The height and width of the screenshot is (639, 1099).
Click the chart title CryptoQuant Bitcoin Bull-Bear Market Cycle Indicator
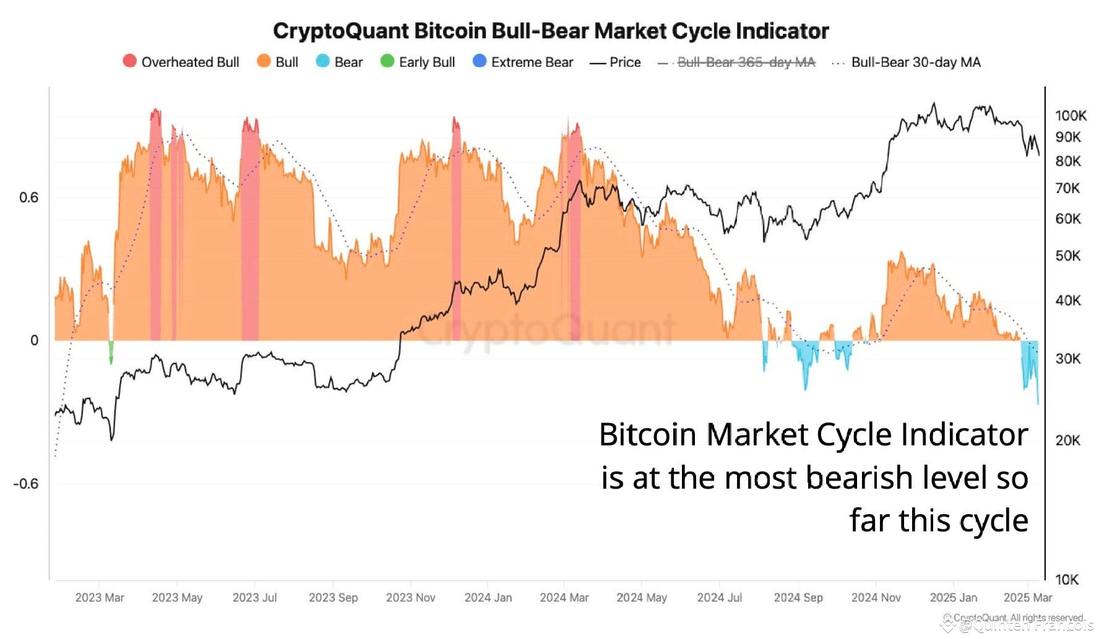(x=550, y=31)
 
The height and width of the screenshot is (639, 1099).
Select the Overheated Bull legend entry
(x=181, y=62)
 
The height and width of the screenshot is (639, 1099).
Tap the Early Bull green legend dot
(x=387, y=61)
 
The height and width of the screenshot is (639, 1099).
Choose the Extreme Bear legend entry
(x=523, y=62)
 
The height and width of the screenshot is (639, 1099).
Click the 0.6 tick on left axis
(x=28, y=197)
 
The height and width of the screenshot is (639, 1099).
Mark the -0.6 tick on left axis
(x=25, y=484)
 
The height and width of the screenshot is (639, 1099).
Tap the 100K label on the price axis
(x=1071, y=116)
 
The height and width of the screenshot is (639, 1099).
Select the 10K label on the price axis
(x=1067, y=580)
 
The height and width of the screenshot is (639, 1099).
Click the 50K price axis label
(x=1068, y=255)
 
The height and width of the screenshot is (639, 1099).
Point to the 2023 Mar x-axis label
(x=100, y=598)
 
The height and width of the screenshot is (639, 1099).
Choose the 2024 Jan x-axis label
(x=488, y=598)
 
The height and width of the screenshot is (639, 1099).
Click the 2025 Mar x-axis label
(x=1027, y=598)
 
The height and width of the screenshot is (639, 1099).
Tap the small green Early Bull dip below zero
(x=111, y=353)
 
